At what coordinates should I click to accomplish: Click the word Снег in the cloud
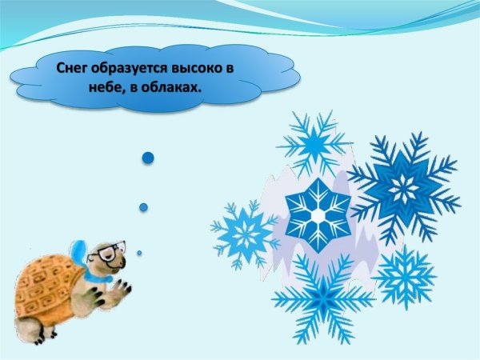click(74, 69)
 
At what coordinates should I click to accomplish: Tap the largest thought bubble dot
click(147, 158)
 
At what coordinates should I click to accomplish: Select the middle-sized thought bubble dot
click(143, 207)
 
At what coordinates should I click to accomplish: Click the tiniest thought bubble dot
click(139, 253)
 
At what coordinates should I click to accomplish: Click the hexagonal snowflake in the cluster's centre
click(318, 214)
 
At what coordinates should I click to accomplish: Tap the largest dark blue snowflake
click(405, 189)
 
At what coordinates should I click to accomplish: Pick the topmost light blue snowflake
click(314, 143)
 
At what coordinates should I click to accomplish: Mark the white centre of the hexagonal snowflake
click(318, 214)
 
